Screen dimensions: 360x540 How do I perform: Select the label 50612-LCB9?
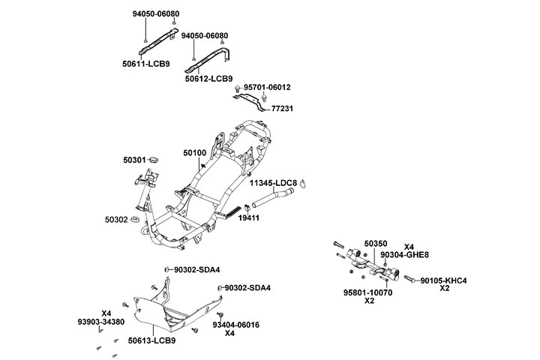pos(208,78)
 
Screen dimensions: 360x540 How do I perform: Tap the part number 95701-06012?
pos(267,88)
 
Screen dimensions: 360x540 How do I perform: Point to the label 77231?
pos(282,109)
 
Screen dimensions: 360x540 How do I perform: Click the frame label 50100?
pos(194,152)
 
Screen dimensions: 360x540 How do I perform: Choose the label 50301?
pos(135,160)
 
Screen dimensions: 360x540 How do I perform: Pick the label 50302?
pos(117,220)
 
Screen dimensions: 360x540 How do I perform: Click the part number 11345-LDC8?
pos(274,183)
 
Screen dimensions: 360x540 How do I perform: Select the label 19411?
pos(249,217)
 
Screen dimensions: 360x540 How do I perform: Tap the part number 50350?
pos(376,244)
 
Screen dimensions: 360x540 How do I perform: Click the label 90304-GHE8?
pos(404,255)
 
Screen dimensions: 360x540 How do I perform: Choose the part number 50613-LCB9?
pos(151,340)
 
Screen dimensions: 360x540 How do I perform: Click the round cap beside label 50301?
pos(154,159)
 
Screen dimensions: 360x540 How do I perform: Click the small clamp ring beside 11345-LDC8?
pos(305,183)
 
